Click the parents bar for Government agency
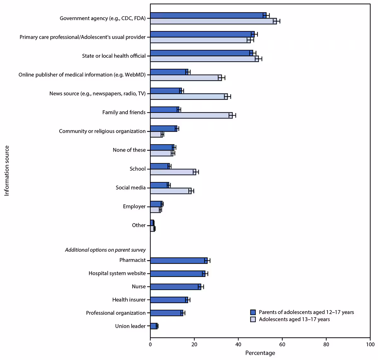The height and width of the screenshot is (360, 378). [208, 15]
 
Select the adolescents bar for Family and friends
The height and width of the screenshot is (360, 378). [191, 115]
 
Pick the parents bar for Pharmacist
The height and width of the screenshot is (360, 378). [179, 261]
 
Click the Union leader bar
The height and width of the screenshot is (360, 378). [154, 326]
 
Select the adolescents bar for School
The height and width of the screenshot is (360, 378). [173, 172]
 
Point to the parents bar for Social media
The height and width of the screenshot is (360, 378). [160, 185]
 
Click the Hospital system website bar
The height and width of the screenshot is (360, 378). [178, 274]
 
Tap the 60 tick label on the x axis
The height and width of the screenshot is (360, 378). [282, 345]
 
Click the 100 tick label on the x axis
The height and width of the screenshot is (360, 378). [370, 345]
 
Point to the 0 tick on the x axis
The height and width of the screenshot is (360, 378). [150, 345]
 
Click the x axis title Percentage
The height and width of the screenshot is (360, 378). [260, 353]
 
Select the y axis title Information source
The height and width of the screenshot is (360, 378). [7, 171]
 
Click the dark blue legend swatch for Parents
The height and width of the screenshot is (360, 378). [253, 312]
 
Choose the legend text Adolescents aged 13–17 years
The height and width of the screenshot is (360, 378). [294, 319]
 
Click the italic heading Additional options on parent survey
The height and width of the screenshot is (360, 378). [105, 250]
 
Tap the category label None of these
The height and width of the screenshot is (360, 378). [129, 150]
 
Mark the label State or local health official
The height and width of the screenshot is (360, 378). [114, 56]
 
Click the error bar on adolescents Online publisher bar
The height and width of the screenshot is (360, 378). [221, 78]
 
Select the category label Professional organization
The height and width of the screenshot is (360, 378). [116, 313]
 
